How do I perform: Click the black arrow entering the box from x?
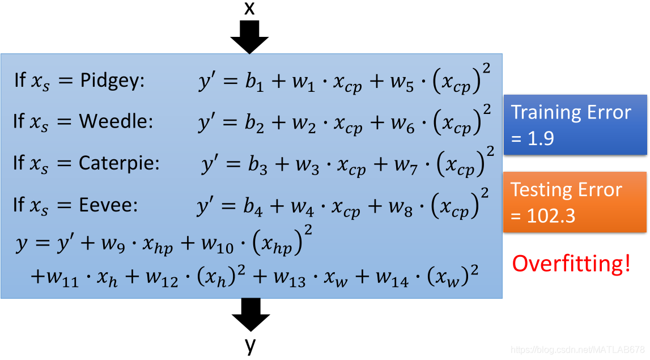249,37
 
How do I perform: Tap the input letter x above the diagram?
249,8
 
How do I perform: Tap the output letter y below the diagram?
250,345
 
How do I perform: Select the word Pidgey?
112,81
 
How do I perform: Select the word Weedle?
116,121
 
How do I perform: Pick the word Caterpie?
119,163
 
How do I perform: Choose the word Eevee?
108,205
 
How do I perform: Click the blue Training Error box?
575,125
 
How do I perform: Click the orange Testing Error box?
575,202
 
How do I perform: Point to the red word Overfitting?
571,264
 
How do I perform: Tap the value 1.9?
541,139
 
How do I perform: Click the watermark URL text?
577,350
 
